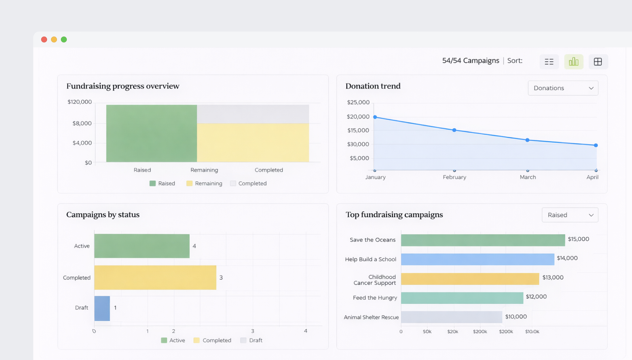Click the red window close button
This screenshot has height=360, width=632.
click(x=44, y=39)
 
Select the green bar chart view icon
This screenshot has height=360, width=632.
click(x=573, y=62)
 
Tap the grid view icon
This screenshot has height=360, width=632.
click(x=598, y=62)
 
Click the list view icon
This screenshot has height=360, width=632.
click(x=549, y=62)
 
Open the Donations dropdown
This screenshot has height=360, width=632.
click(x=563, y=88)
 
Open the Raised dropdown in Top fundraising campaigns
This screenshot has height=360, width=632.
click(x=570, y=215)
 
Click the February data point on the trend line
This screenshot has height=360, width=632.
click(x=454, y=130)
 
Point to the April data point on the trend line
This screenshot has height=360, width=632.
click(x=596, y=145)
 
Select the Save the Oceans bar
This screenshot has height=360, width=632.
click(x=483, y=240)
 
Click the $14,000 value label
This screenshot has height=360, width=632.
click(x=567, y=258)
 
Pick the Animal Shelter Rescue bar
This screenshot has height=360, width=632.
click(x=451, y=317)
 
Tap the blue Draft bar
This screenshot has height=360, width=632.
click(x=102, y=308)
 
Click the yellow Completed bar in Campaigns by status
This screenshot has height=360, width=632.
click(x=155, y=277)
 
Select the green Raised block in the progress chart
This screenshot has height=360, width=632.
click(x=151, y=133)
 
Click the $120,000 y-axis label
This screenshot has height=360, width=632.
click(x=80, y=102)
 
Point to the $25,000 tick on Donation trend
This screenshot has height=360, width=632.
click(x=358, y=102)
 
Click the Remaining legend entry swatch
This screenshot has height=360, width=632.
click(x=189, y=183)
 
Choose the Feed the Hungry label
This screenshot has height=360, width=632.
click(x=375, y=298)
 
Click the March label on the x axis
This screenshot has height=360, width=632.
click(x=528, y=177)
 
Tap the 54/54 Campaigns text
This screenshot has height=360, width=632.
click(x=470, y=61)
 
